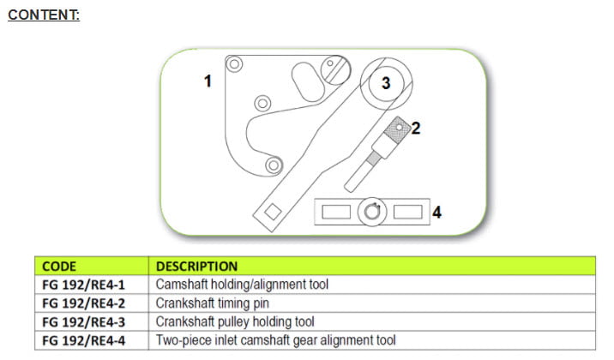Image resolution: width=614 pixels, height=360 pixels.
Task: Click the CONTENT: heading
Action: click(x=44, y=15)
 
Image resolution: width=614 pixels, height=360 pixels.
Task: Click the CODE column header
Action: click(x=59, y=267)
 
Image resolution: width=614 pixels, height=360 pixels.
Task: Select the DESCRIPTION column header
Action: click(x=196, y=267)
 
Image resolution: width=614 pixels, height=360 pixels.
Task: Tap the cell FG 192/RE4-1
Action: click(x=83, y=285)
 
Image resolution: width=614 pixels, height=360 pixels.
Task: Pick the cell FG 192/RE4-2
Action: click(x=83, y=303)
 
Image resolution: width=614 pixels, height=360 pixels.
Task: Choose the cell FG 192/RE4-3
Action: click(x=83, y=322)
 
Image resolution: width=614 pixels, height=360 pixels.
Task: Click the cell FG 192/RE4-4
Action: click(x=83, y=340)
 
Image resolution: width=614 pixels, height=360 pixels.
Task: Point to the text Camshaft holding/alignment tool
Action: click(x=242, y=285)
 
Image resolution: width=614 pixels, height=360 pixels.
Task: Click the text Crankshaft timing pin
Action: click(x=212, y=303)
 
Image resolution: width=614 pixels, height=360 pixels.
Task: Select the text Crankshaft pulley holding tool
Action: click(x=235, y=321)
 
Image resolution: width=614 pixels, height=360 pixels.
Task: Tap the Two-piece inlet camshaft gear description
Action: click(x=275, y=340)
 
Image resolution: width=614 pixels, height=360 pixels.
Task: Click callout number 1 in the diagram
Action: click(x=208, y=81)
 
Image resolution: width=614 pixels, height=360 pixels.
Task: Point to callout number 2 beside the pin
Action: click(x=416, y=128)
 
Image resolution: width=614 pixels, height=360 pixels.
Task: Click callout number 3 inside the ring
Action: click(x=386, y=83)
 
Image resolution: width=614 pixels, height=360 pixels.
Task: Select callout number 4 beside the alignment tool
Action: click(x=437, y=212)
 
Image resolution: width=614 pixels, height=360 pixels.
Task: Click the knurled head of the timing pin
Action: click(x=397, y=129)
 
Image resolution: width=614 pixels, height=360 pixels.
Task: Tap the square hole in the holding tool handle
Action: click(x=273, y=212)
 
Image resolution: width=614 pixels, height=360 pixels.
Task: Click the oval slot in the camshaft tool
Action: click(x=308, y=81)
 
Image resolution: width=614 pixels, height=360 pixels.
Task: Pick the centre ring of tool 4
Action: click(x=372, y=212)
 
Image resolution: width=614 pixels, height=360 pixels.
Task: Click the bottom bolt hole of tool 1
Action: click(x=274, y=165)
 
